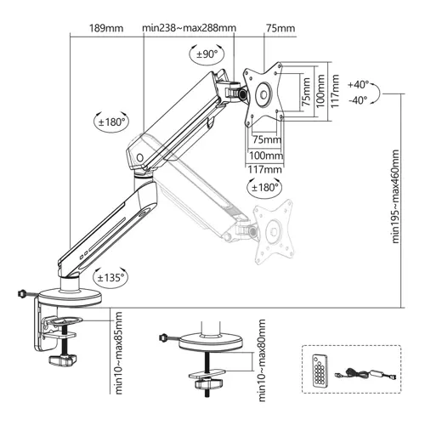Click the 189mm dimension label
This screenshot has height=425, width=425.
coord(106,28)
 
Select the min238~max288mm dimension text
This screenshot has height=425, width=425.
coord(189,28)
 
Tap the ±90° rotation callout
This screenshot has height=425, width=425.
coord(207,54)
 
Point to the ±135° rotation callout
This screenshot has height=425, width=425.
coord(110,278)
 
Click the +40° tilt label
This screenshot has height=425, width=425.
coord(359,84)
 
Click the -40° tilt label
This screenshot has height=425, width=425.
coord(359,99)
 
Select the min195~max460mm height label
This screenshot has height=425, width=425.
coord(395,196)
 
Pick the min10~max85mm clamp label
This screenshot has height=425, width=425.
coord(119,353)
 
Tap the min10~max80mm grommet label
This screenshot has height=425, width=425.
coord(262,360)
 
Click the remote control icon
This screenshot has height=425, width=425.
coord(320,371)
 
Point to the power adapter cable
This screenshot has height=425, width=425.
coord(365,374)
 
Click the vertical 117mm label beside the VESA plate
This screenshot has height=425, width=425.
coord(335,91)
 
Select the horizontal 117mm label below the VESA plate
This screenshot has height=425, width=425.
coord(265,170)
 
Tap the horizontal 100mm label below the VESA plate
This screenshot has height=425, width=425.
coord(266,156)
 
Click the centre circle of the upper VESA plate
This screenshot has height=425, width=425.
coord(263,94)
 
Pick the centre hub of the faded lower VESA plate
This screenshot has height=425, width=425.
coord(274,231)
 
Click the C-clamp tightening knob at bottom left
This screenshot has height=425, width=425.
coord(63,360)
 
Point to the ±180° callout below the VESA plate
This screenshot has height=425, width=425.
coord(264,188)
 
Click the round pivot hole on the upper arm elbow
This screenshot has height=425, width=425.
coord(140,157)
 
